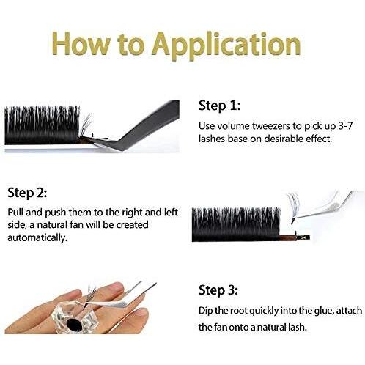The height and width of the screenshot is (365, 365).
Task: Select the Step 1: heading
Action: click(x=219, y=106)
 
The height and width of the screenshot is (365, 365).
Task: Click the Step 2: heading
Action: click(x=27, y=193)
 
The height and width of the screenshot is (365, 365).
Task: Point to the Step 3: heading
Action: click(x=218, y=290)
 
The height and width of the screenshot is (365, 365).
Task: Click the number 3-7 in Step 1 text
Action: click(x=346, y=126)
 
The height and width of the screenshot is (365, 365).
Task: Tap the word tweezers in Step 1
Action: click(x=272, y=126)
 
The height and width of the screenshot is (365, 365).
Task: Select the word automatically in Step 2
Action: click(x=37, y=237)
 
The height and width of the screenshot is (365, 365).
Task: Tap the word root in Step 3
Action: click(x=237, y=311)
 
